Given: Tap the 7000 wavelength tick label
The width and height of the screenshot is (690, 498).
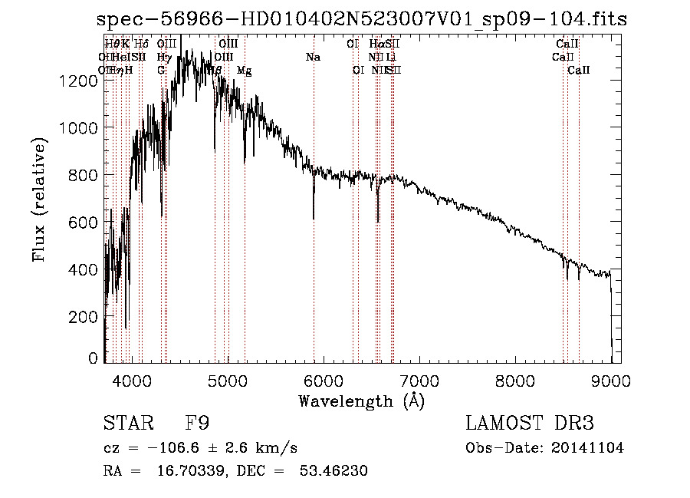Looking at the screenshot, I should tap(419, 379).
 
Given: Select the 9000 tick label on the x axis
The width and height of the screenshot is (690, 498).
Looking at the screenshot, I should tap(610, 379).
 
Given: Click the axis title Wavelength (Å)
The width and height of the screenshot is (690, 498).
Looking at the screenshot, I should tap(361, 401).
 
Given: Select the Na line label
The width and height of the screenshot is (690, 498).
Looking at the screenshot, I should tap(313, 57).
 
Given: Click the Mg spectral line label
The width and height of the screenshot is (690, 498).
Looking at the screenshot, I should tap(244, 71).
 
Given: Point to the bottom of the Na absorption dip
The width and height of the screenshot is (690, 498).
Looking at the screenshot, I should tap(314, 219).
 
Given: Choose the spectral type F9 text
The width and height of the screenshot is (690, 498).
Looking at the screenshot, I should tap(198, 424).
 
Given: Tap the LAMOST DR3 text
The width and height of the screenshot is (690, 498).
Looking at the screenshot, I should tap(530, 424).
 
